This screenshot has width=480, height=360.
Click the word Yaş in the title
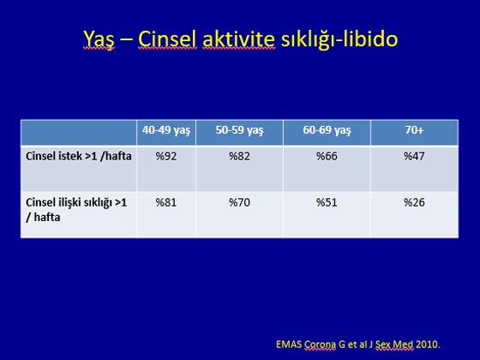tap(99, 39)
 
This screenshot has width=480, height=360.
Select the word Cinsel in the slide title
tap(167, 39)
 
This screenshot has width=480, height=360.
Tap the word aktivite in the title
tap(238, 39)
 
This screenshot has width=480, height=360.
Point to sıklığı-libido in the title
tap(339, 39)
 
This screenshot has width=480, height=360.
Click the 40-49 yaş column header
tap(166, 130)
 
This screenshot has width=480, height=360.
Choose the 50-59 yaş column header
tap(239, 130)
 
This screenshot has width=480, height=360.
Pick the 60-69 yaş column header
tap(327, 130)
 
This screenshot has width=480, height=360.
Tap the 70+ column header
tap(414, 130)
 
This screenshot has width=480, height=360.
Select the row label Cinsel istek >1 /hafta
tap(79, 156)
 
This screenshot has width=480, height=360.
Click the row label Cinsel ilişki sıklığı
tap(76, 210)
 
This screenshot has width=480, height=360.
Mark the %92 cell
tap(166, 156)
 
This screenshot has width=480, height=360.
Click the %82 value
tap(239, 156)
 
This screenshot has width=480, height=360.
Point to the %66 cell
tap(327, 156)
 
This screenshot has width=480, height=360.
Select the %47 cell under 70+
tap(414, 156)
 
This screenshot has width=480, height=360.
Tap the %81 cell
tap(166, 202)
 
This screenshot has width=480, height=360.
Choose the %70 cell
tap(239, 202)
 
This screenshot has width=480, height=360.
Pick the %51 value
tap(327, 202)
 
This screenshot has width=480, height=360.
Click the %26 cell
tap(414, 202)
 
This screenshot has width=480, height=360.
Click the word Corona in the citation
tap(320, 345)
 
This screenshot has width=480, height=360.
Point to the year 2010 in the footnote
tap(427, 345)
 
